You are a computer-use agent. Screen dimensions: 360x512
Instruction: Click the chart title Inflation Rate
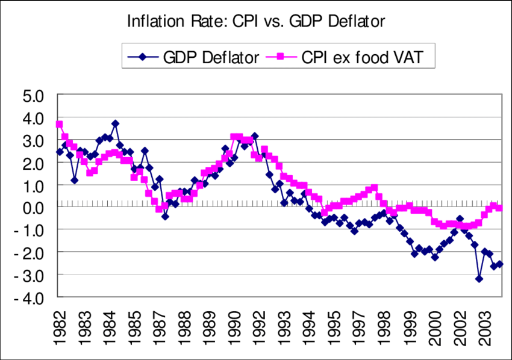tap(255, 21)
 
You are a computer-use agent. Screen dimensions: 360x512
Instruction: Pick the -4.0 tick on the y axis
tap(32, 297)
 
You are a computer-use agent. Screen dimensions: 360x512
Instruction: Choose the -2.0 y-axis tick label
tap(32, 252)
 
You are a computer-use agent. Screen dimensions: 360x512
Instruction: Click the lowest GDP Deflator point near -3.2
tap(479, 279)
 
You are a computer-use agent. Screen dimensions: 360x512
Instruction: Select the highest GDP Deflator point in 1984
tap(115, 123)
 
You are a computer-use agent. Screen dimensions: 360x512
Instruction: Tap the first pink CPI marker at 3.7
tap(59, 124)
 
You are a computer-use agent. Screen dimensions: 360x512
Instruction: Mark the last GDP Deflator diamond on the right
tap(499, 264)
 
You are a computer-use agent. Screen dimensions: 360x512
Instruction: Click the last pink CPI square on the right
tap(499, 208)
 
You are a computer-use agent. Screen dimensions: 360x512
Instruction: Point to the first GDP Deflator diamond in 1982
tap(59, 152)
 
